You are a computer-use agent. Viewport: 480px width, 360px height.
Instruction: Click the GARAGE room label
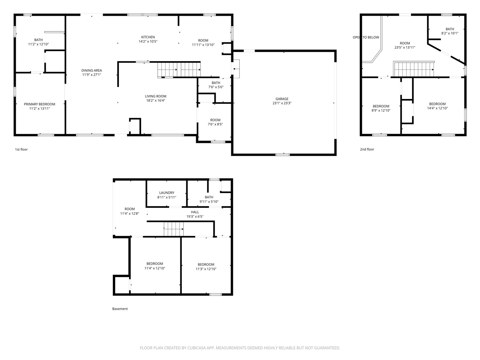click(x=282, y=99)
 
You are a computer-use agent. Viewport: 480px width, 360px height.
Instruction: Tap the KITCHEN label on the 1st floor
click(x=148, y=37)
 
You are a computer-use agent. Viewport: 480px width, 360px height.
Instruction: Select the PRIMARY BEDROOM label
click(x=39, y=104)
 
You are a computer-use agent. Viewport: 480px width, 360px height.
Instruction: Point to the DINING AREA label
click(x=91, y=70)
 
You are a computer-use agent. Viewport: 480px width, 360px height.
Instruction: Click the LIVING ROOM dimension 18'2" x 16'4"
click(x=156, y=100)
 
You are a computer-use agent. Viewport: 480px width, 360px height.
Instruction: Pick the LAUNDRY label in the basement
click(x=166, y=193)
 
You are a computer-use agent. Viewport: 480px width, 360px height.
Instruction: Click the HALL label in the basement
click(x=195, y=212)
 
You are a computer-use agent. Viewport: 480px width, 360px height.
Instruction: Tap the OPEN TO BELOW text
click(x=366, y=37)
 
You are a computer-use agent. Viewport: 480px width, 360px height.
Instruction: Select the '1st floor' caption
click(x=21, y=150)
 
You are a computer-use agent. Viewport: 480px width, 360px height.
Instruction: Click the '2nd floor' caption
click(x=367, y=150)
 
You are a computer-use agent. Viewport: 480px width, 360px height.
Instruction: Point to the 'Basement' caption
click(x=120, y=309)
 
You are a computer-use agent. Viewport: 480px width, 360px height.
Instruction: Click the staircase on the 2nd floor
click(x=414, y=69)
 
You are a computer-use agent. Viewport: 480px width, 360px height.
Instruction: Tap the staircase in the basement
click(x=174, y=229)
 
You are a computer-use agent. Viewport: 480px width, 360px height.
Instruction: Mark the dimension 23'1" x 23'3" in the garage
click(x=282, y=103)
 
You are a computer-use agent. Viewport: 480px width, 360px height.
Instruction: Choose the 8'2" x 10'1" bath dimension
click(x=450, y=33)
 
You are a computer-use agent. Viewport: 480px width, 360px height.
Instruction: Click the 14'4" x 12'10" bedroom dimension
click(x=437, y=108)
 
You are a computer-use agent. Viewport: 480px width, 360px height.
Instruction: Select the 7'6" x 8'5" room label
click(x=215, y=124)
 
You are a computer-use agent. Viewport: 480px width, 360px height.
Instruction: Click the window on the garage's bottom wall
click(x=282, y=154)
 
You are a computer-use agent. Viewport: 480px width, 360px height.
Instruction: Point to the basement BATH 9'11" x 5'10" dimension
click(x=209, y=202)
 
